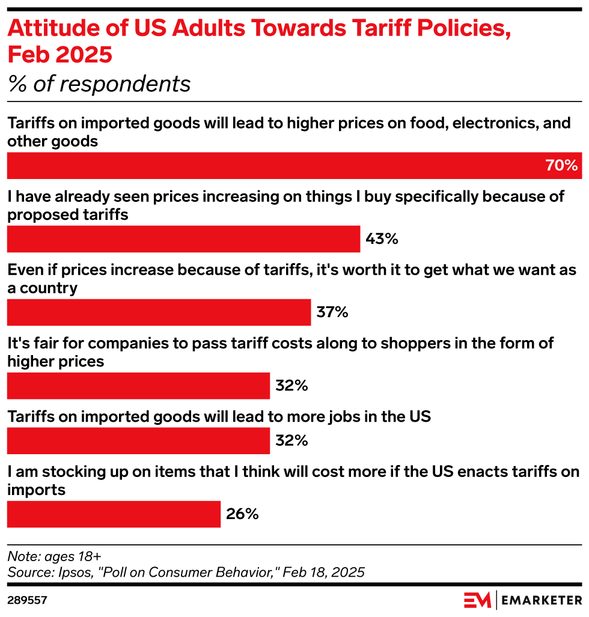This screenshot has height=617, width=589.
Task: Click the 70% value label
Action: tap(561, 166)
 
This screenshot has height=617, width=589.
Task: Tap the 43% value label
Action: tap(382, 239)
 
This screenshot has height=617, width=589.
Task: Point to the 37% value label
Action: tap(332, 312)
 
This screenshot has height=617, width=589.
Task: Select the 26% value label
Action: tap(242, 514)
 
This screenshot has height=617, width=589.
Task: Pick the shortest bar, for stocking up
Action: tap(114, 514)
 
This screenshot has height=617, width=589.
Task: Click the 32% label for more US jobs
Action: tap(291, 441)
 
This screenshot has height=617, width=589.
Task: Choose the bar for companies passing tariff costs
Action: tap(138, 386)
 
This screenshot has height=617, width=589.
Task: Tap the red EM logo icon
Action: tap(477, 600)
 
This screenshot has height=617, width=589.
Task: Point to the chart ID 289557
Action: tap(27, 600)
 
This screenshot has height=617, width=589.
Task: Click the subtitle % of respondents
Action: tap(99, 84)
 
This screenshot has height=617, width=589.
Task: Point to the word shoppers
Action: tap(437, 343)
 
